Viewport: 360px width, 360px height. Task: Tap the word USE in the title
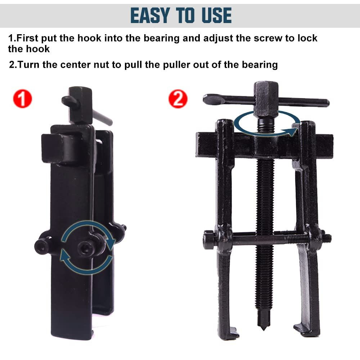pyautogui.click(x=214, y=15)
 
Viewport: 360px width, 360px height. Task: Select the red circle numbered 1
pyautogui.click(x=22, y=99)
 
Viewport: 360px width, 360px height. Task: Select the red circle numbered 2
pyautogui.click(x=178, y=99)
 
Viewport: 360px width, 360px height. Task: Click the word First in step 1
pyautogui.click(x=30, y=38)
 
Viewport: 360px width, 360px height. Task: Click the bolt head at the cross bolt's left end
pyautogui.click(x=209, y=239)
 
